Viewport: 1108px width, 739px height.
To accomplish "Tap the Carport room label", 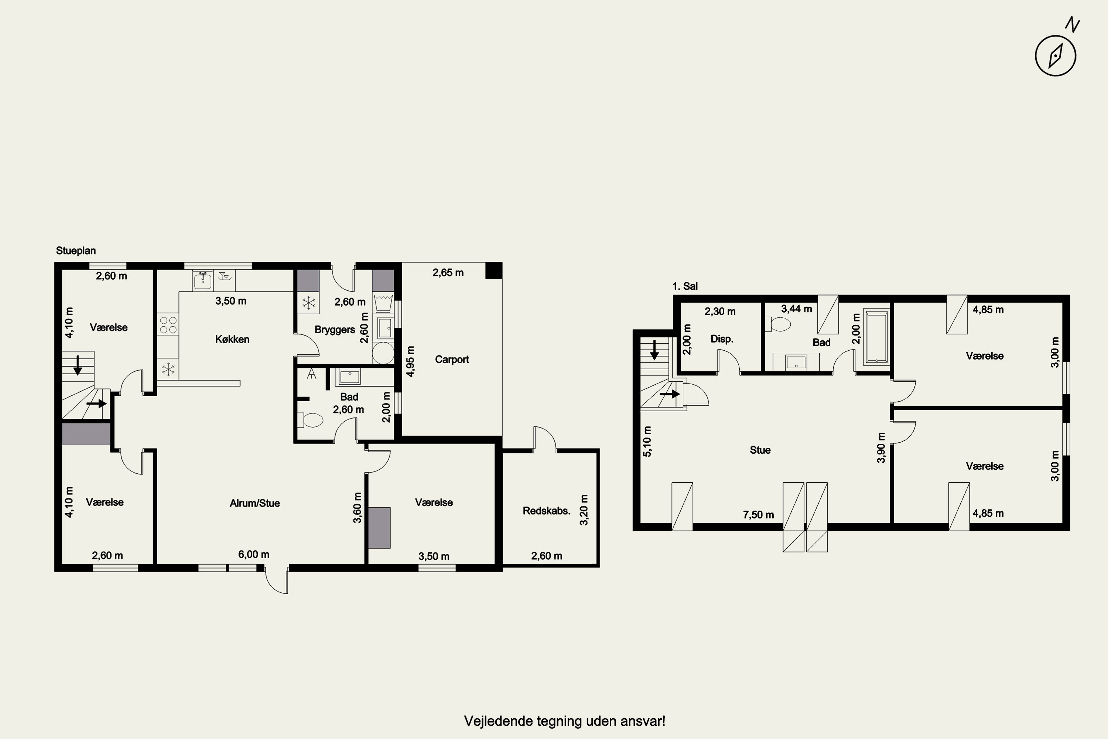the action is point(452,360).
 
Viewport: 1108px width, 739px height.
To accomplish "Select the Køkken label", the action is point(232,339).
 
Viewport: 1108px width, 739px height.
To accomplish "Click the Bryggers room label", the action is point(335,330).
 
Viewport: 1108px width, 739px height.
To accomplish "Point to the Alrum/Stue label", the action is point(255,503).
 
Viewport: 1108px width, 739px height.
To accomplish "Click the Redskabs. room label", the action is point(547,511).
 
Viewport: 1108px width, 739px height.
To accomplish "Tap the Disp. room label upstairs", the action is point(722,339).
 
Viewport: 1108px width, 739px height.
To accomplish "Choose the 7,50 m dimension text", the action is point(759,515).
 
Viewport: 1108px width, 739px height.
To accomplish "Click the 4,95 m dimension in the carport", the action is point(411,361).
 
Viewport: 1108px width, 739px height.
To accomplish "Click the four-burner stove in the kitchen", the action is point(168,325).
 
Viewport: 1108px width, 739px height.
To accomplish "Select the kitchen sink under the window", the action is point(202,280).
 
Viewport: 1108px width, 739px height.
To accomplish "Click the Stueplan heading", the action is point(76,251).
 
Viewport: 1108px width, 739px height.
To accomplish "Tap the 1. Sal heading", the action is point(685,286).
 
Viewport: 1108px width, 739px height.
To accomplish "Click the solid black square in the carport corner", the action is point(494,270).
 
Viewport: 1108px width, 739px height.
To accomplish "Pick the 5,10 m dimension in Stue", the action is point(648,442).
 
